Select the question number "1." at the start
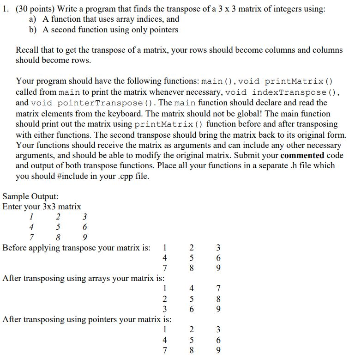pyautogui.click(x=6, y=8)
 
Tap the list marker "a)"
pyautogui.click(x=33, y=19)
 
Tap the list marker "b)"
pyautogui.click(x=33, y=30)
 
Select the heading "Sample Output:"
pyautogui.click(x=30, y=196)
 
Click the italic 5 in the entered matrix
pyautogui.click(x=58, y=227)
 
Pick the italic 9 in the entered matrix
pyautogui.click(x=84, y=238)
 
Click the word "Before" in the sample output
pyautogui.click(x=17, y=248)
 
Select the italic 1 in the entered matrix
pyautogui.click(x=31, y=217)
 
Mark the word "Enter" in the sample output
pyautogui.click(x=12, y=207)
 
